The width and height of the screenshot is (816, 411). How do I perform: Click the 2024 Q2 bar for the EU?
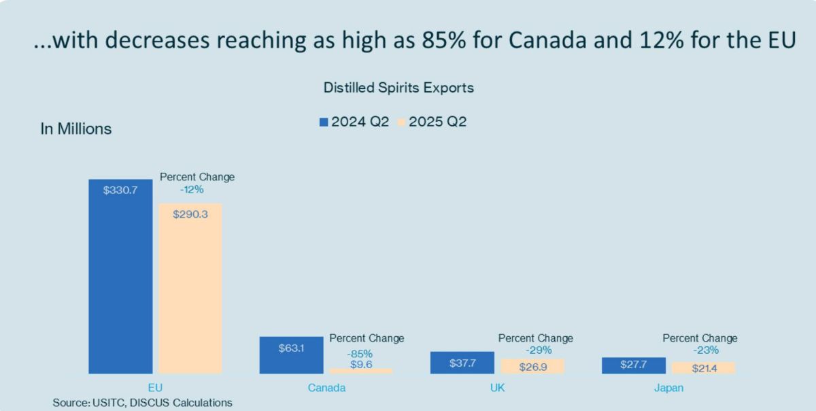[x=120, y=276]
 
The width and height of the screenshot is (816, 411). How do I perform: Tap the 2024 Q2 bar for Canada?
[x=291, y=355]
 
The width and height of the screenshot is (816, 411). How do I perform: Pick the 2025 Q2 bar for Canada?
[x=360, y=371]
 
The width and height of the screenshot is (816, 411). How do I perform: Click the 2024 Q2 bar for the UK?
[x=462, y=362]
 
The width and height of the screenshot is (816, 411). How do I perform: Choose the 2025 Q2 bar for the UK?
[x=532, y=366]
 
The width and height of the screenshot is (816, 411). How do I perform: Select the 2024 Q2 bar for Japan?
[x=633, y=365]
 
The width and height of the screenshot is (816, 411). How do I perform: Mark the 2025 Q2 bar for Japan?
[x=702, y=367]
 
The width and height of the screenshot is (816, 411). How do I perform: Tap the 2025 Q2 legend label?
[x=437, y=122]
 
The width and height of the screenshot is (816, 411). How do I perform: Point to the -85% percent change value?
[x=360, y=354]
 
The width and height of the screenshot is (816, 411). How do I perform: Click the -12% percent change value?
[x=192, y=190]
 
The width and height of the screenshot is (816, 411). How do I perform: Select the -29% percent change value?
[x=539, y=350]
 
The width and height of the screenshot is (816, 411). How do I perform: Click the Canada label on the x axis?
[x=326, y=388]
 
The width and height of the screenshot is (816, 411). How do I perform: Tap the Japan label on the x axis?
[x=668, y=388]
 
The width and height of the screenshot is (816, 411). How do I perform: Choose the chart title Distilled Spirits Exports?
[x=398, y=88]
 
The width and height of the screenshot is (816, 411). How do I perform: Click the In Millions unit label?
[x=76, y=129]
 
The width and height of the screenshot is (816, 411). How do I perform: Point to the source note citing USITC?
[x=142, y=403]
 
